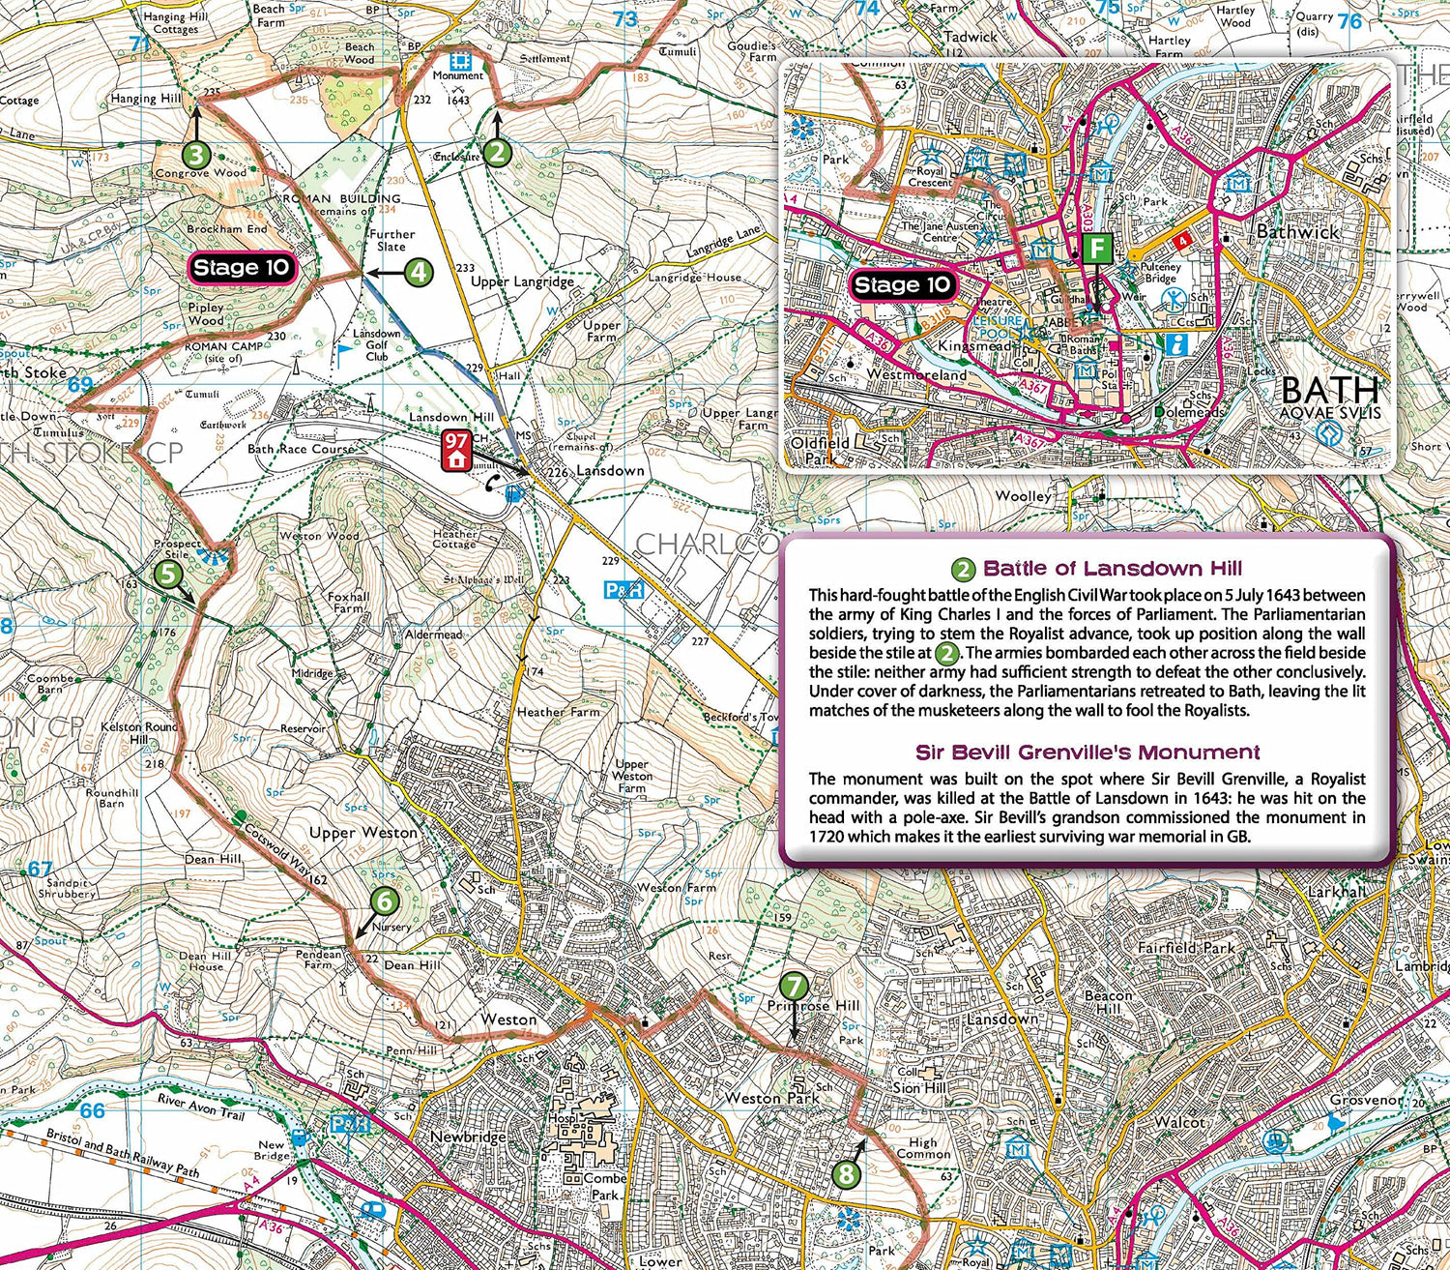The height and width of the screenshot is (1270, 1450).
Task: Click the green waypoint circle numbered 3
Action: [196, 155]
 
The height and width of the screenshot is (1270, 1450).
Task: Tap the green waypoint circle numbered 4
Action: [418, 273]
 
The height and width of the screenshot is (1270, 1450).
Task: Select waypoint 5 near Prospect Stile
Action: [168, 575]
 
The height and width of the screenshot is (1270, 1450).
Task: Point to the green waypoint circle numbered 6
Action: [385, 901]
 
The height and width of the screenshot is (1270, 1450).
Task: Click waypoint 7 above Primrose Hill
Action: [793, 986]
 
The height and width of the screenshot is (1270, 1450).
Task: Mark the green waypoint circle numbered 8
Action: [846, 1174]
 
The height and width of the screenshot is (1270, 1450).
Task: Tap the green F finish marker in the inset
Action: [1097, 249]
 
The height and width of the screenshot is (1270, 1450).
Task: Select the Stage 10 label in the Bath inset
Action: [901, 284]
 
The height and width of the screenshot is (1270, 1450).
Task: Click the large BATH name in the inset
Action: [1330, 390]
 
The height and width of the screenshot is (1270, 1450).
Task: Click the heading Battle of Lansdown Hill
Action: [1112, 569]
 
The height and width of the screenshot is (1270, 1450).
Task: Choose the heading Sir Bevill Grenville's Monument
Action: [1087, 753]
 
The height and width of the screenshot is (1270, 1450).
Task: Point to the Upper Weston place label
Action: [363, 832]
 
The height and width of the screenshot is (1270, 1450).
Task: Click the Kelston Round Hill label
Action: [140, 732]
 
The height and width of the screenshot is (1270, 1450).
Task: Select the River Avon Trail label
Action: [201, 1106]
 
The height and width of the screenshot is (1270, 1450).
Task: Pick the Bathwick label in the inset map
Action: [1297, 232]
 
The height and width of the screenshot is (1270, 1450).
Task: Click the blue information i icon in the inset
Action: [1176, 343]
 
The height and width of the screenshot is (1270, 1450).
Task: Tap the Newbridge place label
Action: [468, 1137]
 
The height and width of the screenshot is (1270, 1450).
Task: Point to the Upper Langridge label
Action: [522, 281]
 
